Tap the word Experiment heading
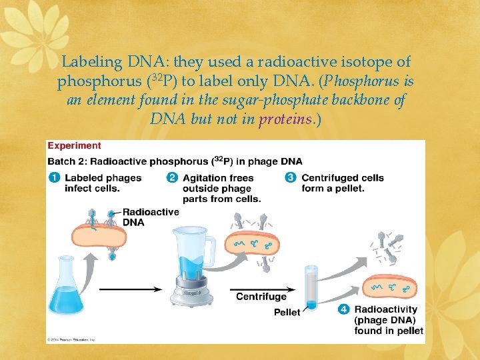point(74,145)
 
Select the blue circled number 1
point(53,178)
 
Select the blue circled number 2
point(172,178)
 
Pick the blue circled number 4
point(343,309)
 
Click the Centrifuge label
point(261,297)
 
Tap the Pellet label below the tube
point(287,313)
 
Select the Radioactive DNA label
point(151,217)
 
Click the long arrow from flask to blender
point(130,289)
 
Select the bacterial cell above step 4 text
point(392,287)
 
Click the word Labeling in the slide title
point(91,62)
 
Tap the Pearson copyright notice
point(72,339)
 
